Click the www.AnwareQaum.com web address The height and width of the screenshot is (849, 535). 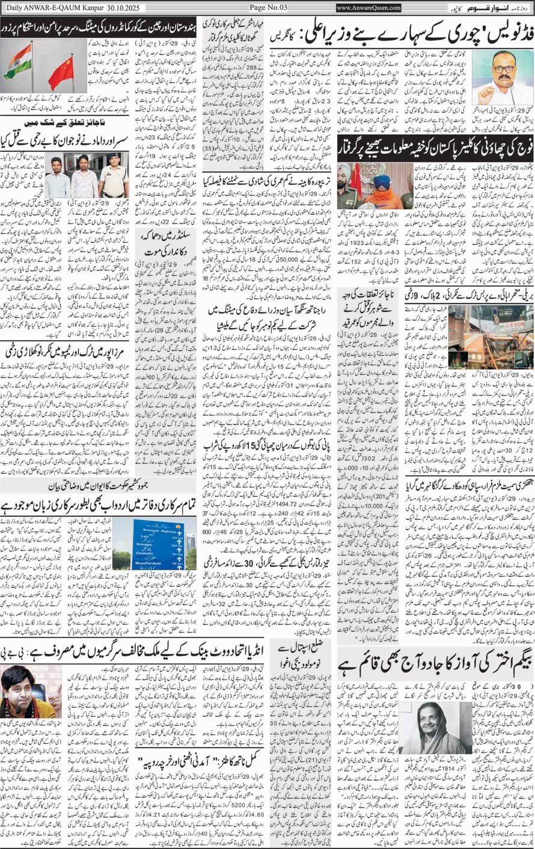[368, 8]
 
